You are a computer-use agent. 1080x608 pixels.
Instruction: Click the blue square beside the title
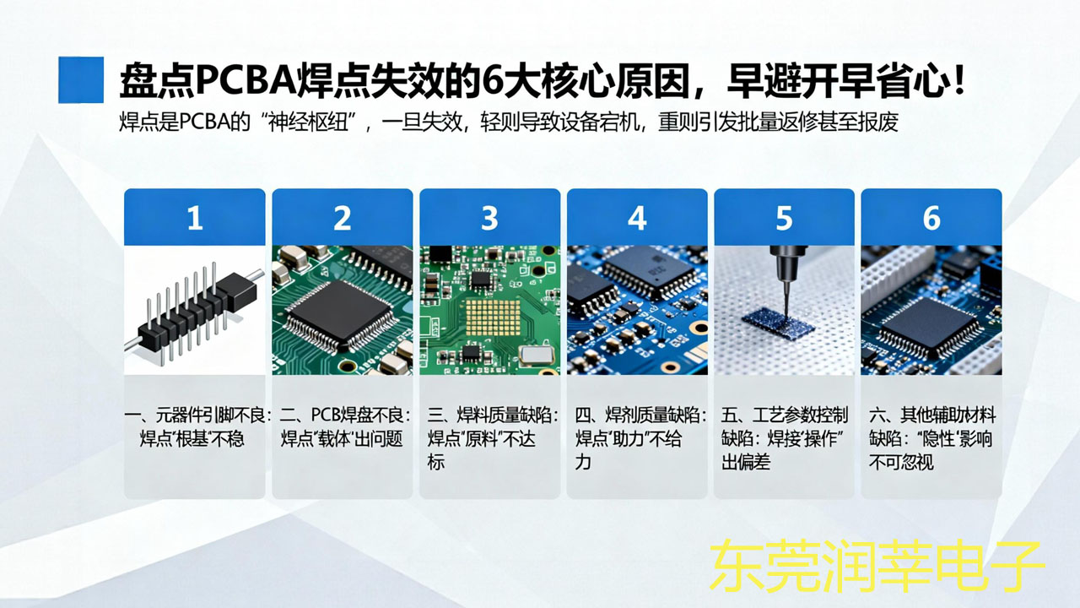[x=81, y=79]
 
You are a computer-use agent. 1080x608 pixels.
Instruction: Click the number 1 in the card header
[x=195, y=218]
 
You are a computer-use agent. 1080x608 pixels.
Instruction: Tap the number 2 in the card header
[x=343, y=218]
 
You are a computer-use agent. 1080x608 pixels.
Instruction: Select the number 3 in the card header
[x=489, y=218]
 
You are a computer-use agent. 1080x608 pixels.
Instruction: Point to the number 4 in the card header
[x=637, y=218]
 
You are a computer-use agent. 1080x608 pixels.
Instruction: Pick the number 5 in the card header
[x=784, y=218]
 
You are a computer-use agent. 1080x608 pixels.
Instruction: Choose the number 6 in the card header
[x=931, y=218]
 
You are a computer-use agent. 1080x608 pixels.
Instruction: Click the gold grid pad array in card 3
[x=493, y=318]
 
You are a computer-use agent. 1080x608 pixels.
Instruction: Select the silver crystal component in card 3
[x=535, y=356]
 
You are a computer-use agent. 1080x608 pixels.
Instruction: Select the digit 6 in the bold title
[x=493, y=80]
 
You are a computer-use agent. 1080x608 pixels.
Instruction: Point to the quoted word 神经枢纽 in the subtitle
[x=309, y=122]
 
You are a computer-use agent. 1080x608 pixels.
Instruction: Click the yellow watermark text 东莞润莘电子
[x=877, y=567]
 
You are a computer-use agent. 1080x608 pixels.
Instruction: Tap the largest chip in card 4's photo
[x=651, y=271]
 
